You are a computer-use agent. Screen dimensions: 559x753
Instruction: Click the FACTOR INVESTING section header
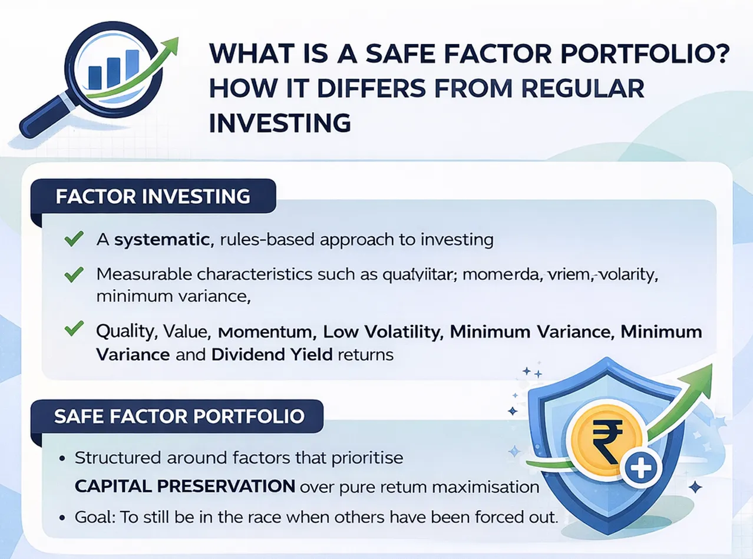click(x=153, y=196)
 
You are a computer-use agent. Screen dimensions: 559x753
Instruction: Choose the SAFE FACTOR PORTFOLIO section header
click(x=179, y=416)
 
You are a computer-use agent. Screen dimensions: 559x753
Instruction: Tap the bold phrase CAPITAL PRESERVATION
click(x=185, y=487)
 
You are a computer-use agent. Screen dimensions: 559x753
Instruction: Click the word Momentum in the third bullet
click(x=264, y=332)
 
